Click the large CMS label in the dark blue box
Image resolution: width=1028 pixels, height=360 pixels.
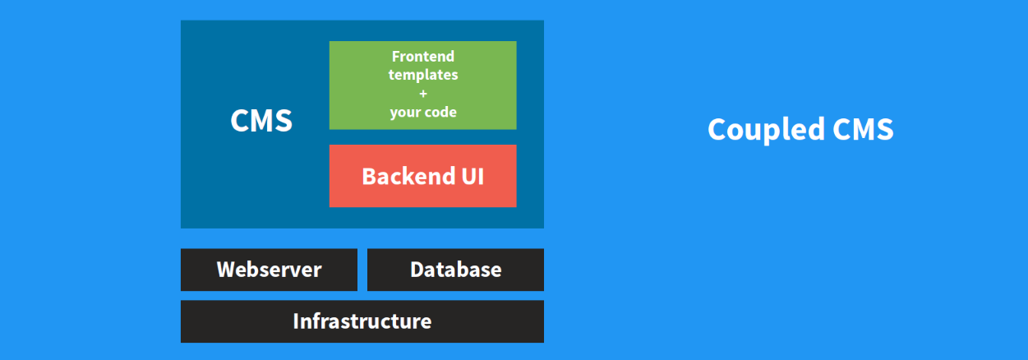[x=261, y=121]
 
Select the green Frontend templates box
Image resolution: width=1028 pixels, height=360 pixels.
[x=422, y=85]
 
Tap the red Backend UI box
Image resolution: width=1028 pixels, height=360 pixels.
[x=422, y=176]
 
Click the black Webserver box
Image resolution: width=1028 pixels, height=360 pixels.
[x=269, y=270]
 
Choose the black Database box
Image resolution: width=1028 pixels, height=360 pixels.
[x=455, y=270]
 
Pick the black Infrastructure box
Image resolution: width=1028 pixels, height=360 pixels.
[x=362, y=321]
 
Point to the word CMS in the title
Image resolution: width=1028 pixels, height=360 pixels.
[x=863, y=129]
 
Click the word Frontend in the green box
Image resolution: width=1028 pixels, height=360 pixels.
[x=423, y=57]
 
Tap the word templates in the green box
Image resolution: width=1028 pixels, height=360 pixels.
[x=423, y=75]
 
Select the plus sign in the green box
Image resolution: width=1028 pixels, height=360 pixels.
[x=423, y=94]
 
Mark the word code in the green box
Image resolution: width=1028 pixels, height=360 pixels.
[x=440, y=112]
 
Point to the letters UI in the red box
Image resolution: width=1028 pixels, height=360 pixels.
[x=473, y=177]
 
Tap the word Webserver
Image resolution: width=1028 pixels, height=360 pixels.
[x=269, y=270]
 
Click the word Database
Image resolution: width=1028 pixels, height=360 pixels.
[x=456, y=270]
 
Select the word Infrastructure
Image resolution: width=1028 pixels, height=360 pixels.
[x=362, y=321]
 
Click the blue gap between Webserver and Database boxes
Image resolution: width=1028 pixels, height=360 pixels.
[x=362, y=270]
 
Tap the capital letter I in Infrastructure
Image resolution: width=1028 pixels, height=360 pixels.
[x=296, y=321]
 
